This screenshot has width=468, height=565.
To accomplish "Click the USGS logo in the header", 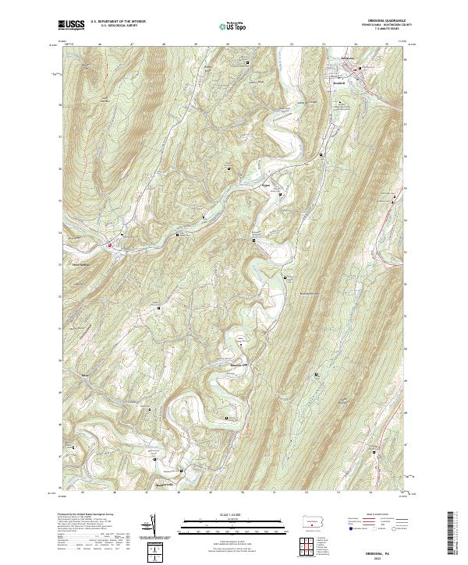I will pyautogui.click(x=71, y=25).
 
